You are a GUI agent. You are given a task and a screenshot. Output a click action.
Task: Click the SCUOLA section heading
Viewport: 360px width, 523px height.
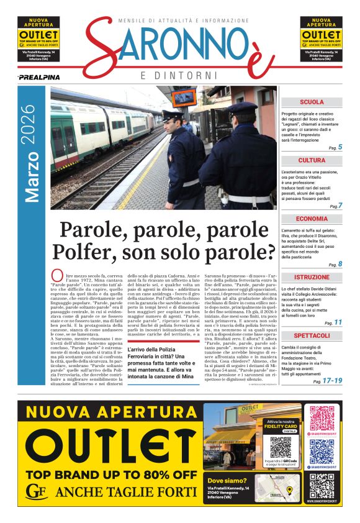point(312,102)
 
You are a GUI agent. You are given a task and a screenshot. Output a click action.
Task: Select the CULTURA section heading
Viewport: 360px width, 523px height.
point(312,160)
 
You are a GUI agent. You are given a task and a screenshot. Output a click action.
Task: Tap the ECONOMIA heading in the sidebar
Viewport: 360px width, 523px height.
point(312,219)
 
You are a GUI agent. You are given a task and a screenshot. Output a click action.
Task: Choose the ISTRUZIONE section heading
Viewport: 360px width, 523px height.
point(312,277)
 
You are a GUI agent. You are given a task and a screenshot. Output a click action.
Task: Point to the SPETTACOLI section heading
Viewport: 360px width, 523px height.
point(312,335)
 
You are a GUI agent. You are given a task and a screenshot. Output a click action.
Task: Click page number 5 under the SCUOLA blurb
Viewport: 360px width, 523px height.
point(340,147)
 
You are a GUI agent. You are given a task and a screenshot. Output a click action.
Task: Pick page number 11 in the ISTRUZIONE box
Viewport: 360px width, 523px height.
point(338,322)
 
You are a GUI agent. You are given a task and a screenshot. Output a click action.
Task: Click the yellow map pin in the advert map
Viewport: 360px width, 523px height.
point(289,490)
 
